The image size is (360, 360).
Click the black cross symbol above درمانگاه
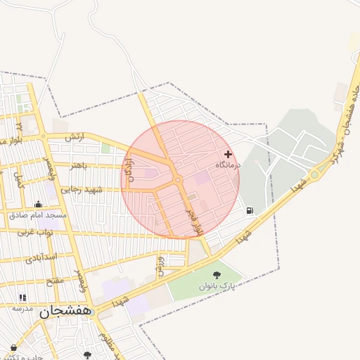(x=228, y=154)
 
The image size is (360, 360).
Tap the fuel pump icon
(x=250, y=210)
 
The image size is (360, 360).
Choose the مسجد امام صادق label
(x=38, y=215)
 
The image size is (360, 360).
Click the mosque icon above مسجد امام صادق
(x=38, y=205)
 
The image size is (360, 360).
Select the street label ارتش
(x=74, y=137)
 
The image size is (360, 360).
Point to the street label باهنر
(x=78, y=166)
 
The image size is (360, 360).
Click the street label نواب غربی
(x=35, y=231)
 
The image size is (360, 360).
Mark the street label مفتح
(x=54, y=281)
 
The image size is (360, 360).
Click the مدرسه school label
(x=22, y=308)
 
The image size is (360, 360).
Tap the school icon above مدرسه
(x=22, y=298)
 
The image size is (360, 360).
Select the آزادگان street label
(x=130, y=172)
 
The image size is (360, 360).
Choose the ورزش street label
(x=160, y=266)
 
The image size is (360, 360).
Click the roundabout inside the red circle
(x=178, y=181)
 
